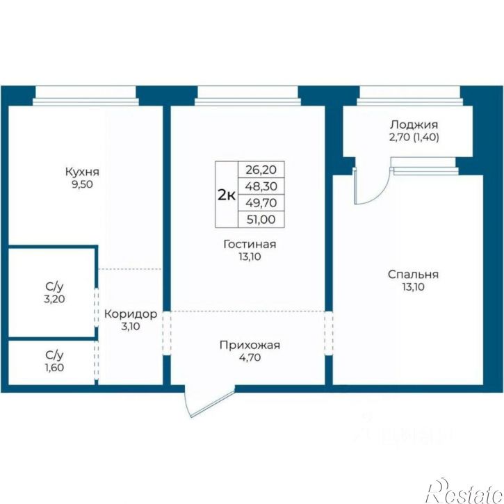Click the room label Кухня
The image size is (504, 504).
82,172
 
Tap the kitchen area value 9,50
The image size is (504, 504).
82,184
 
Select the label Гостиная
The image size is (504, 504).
250,244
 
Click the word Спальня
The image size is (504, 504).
413,275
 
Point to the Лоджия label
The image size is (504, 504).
414,124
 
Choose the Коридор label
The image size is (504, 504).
131,314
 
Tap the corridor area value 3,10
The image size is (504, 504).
131,327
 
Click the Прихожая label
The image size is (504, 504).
250,346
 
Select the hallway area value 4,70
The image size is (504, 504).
250,357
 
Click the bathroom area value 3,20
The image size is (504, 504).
54,299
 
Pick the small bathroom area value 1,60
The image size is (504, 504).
54,367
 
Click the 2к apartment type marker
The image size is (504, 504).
227,195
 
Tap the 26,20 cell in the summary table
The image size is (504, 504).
261,170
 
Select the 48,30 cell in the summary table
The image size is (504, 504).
261,186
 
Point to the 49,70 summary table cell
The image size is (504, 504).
261,203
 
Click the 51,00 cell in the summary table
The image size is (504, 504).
261,220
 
